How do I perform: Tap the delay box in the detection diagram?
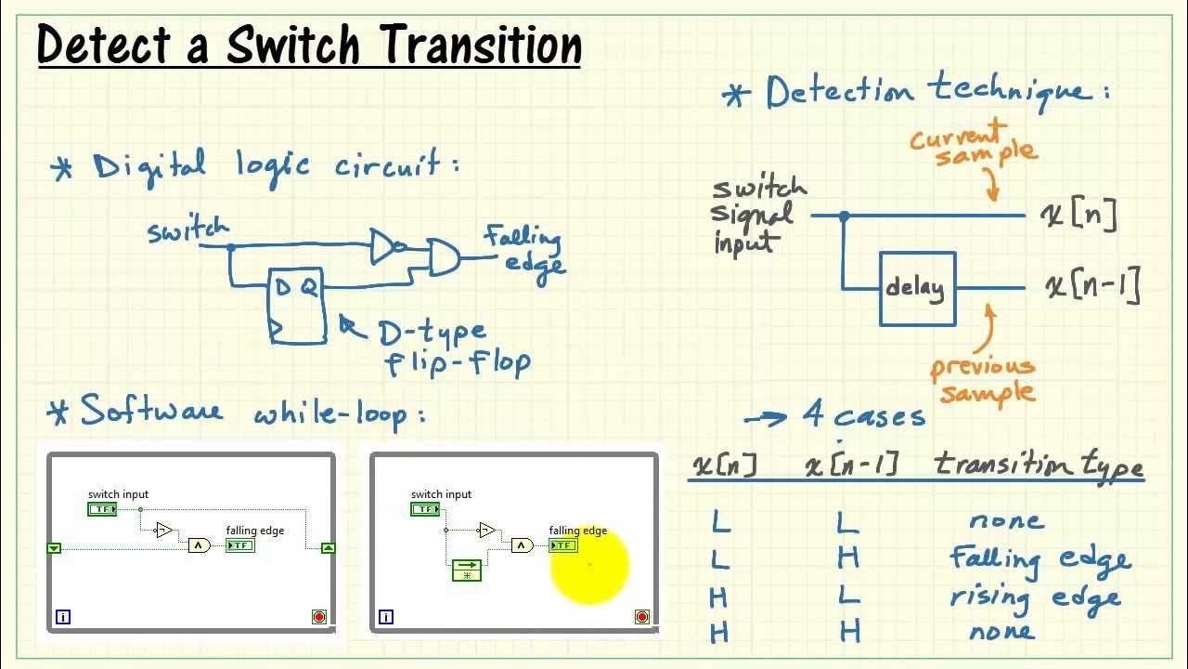point(917,289)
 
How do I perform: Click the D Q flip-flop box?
point(297,305)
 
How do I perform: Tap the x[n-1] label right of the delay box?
point(1092,287)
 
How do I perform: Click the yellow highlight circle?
point(589,564)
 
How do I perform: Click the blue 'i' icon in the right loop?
point(386,616)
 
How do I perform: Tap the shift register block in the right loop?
point(467,570)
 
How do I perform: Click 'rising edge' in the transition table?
point(1035,597)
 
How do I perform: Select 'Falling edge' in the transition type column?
point(1039,558)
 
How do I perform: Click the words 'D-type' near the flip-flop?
point(432,331)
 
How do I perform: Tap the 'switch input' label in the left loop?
point(118,494)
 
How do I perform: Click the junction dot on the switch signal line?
point(844,216)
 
